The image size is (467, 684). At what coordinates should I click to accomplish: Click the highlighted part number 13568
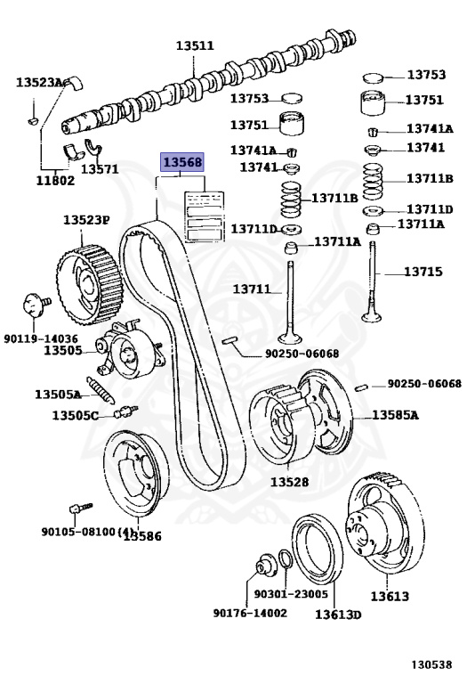[182, 162]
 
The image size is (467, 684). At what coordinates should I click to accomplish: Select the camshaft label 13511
[195, 45]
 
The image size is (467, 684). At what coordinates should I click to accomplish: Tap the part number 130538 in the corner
[431, 664]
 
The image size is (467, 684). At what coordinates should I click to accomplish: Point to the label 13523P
[85, 220]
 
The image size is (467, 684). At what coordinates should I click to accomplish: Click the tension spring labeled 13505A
[101, 389]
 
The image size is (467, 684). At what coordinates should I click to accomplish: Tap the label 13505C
[75, 416]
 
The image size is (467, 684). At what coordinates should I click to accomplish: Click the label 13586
[142, 536]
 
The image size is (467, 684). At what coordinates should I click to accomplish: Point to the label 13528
[289, 482]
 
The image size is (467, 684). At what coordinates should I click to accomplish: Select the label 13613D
[338, 615]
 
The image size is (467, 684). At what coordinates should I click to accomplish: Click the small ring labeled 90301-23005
[286, 559]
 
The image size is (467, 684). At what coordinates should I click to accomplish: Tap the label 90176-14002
[250, 613]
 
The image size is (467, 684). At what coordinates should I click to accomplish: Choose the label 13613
[390, 596]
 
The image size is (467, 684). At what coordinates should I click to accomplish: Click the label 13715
[423, 272]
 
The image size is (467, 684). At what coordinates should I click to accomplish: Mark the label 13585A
[395, 415]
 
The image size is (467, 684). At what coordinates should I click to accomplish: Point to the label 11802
[55, 180]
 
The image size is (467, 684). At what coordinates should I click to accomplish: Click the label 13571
[100, 168]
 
